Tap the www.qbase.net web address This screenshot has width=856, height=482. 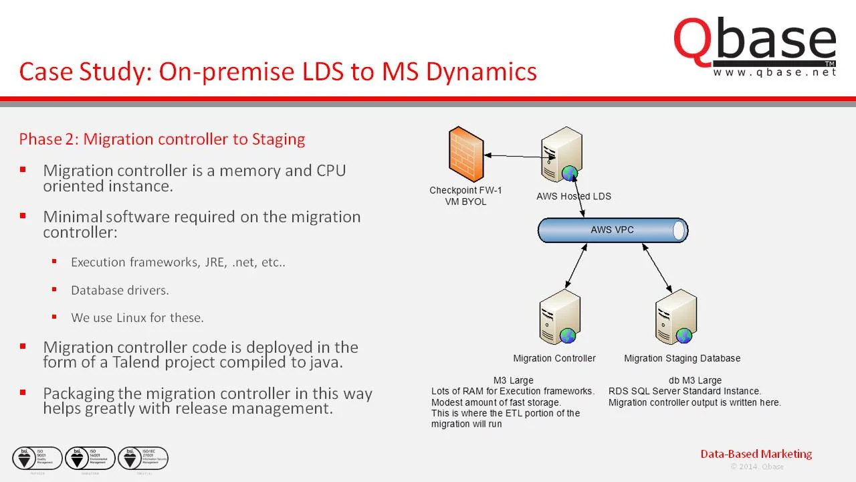[x=774, y=72]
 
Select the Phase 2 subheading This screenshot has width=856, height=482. [x=162, y=139]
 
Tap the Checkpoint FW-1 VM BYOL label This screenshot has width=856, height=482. [x=465, y=195]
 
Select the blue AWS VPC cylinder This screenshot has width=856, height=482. [x=613, y=230]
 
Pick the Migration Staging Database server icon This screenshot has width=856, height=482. [x=676, y=317]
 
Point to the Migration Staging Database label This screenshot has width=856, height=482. [x=682, y=358]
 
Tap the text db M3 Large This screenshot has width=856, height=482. [x=695, y=380]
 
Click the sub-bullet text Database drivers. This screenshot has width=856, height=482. [x=120, y=290]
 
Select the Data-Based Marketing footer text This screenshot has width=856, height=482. [x=756, y=454]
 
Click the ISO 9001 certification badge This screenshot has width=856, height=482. [x=37, y=458]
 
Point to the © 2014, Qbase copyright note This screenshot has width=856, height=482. [x=756, y=467]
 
